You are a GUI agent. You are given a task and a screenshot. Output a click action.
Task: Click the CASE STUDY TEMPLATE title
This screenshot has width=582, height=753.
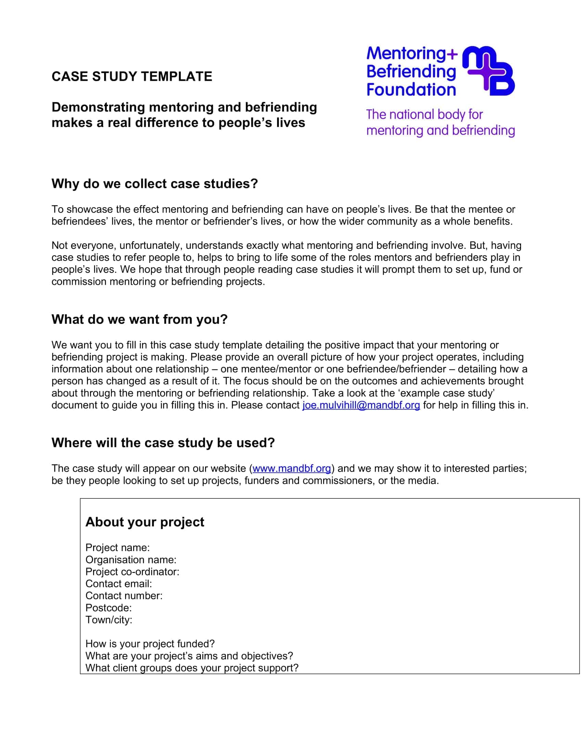point(132,77)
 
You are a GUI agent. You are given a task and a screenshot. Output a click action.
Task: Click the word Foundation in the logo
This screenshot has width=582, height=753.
point(411,90)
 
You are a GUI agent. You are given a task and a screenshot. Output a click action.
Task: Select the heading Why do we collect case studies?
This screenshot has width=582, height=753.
point(154,184)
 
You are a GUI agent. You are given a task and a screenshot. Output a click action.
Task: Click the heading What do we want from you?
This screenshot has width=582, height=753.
point(140,319)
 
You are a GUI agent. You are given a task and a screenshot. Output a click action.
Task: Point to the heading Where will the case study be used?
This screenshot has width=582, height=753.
point(163,443)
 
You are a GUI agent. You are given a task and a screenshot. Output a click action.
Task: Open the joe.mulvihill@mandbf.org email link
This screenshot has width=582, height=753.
point(361,405)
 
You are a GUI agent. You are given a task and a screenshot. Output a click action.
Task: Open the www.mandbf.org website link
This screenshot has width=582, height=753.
point(292,469)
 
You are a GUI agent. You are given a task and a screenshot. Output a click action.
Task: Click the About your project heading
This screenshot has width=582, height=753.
point(145,522)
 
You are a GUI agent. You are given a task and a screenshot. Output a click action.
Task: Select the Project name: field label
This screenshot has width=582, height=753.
point(117,548)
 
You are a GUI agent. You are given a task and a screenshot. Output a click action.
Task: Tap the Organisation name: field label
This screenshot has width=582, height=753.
point(131,560)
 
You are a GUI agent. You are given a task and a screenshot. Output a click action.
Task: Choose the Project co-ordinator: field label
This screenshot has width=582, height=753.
point(132,572)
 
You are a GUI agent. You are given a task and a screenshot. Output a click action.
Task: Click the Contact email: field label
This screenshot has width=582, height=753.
point(118,584)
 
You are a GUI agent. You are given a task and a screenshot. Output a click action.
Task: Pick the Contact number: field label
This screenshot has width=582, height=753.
point(124,596)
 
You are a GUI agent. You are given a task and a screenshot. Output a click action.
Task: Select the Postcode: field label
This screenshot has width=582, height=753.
point(109,608)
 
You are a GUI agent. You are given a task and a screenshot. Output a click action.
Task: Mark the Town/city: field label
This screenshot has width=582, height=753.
point(109,620)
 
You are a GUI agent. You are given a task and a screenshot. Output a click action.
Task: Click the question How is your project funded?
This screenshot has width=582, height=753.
point(150,644)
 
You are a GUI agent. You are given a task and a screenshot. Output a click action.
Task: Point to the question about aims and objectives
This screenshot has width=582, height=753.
point(189,656)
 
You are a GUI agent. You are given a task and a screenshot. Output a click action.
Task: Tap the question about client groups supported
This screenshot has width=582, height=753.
point(192,668)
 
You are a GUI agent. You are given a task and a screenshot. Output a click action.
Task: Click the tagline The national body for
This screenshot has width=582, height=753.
point(424,114)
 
